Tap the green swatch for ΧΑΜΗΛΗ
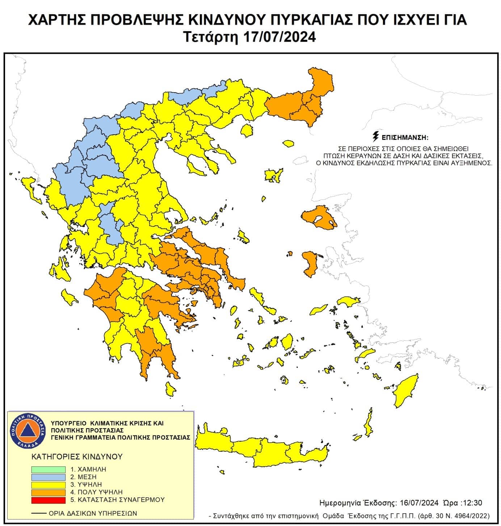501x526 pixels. (48, 470)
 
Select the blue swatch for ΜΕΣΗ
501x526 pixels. (48, 477)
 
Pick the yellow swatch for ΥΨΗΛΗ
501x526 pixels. (48, 485)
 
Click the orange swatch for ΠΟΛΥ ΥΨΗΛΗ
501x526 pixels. (48, 492)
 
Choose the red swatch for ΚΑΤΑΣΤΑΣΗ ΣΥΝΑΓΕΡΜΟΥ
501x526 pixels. (48, 500)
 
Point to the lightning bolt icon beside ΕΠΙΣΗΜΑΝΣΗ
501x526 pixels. (376, 137)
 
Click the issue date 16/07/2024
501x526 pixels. (419, 503)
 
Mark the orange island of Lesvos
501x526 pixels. (318, 218)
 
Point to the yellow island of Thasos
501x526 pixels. (247, 131)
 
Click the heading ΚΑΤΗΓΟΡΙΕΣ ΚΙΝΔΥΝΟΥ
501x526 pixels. (77, 456)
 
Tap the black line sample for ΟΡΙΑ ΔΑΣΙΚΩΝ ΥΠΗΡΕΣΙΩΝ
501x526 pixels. (39, 513)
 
